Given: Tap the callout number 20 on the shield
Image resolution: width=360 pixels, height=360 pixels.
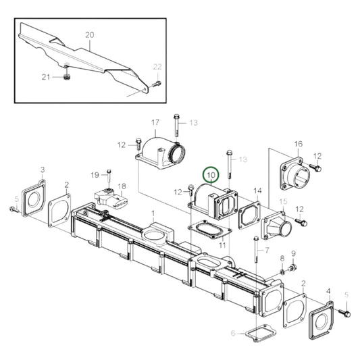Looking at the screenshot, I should [x=90, y=34].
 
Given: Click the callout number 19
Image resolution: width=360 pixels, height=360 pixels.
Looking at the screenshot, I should [x=95, y=175].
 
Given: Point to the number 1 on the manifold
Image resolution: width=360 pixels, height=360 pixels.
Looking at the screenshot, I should [x=153, y=213].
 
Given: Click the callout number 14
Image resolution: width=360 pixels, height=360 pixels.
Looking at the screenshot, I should [x=257, y=191].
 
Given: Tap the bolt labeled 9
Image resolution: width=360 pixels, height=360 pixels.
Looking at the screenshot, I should [x=292, y=268].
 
